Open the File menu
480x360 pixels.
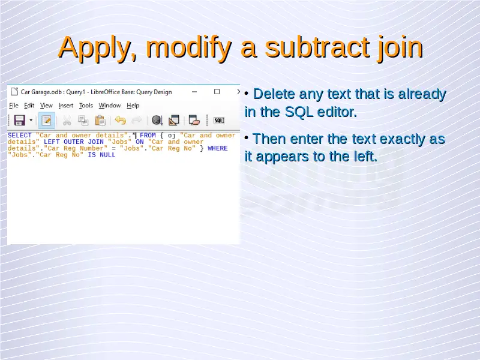tap(14, 106)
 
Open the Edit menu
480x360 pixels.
tap(29, 106)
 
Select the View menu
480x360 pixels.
tap(46, 106)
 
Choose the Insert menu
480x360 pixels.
tap(66, 106)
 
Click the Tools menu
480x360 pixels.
tap(86, 106)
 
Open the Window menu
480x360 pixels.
tap(110, 106)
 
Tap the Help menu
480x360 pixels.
tap(133, 106)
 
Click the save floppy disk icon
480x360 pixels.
tap(20, 121)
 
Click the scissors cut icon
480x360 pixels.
tap(67, 121)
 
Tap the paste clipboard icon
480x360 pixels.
tap(100, 121)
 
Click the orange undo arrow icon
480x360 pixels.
tap(121, 121)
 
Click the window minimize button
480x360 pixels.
tap(194, 92)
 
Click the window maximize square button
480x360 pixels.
tap(217, 92)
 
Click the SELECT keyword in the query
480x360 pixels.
tap(20, 136)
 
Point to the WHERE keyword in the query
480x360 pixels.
tap(218, 148)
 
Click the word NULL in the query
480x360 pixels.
tap(107, 155)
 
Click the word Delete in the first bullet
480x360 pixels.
tap(274, 94)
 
